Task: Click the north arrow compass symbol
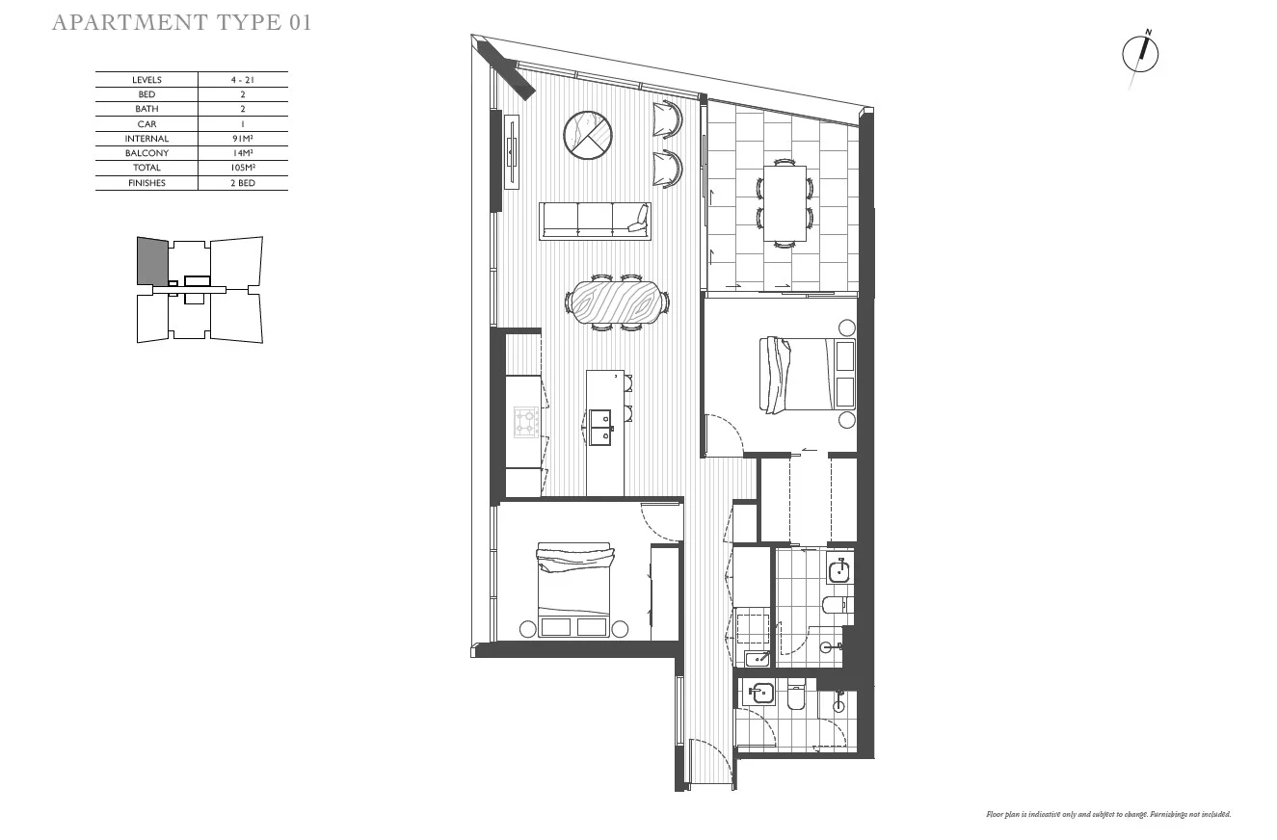(1140, 55)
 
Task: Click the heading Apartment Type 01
(181, 23)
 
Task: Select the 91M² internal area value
(243, 139)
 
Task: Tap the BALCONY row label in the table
(146, 153)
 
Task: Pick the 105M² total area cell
(243, 168)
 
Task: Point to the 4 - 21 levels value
(243, 80)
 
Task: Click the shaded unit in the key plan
(152, 260)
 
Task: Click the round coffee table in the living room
(587, 135)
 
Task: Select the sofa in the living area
(594, 221)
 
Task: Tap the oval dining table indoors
(617, 302)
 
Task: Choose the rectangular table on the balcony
(785, 203)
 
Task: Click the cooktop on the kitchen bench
(525, 422)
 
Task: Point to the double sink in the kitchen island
(599, 426)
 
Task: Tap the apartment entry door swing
(711, 761)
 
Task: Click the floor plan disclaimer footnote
(1108, 815)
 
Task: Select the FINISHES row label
(146, 183)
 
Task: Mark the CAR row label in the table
(146, 124)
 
